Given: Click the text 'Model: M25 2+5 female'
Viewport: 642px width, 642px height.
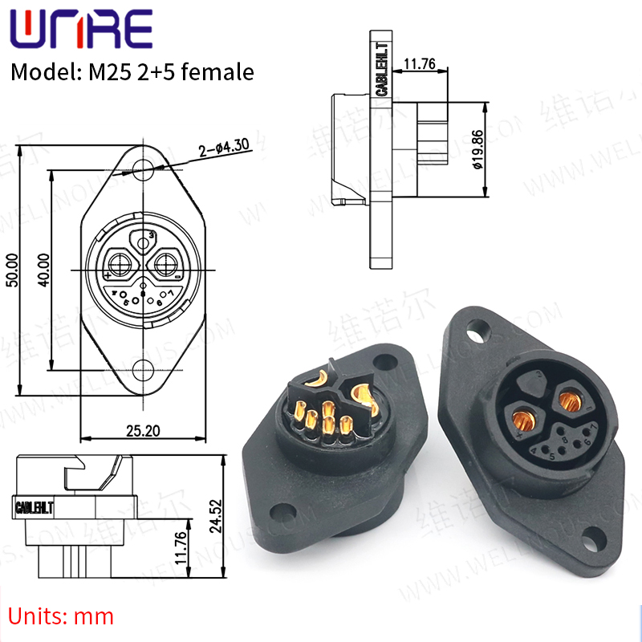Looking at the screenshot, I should tap(132, 72).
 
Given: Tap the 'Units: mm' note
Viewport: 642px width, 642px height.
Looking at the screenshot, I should tap(61, 616).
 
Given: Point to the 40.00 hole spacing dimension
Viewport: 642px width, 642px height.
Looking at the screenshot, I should tap(43, 270).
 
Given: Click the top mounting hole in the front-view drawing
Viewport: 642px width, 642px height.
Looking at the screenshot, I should tap(144, 169).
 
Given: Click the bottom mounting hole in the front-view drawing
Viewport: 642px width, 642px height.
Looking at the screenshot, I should tap(144, 370).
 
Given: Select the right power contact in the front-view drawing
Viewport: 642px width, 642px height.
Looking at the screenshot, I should tap(167, 263).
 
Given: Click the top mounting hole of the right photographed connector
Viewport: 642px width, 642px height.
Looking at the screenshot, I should tap(478, 328).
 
